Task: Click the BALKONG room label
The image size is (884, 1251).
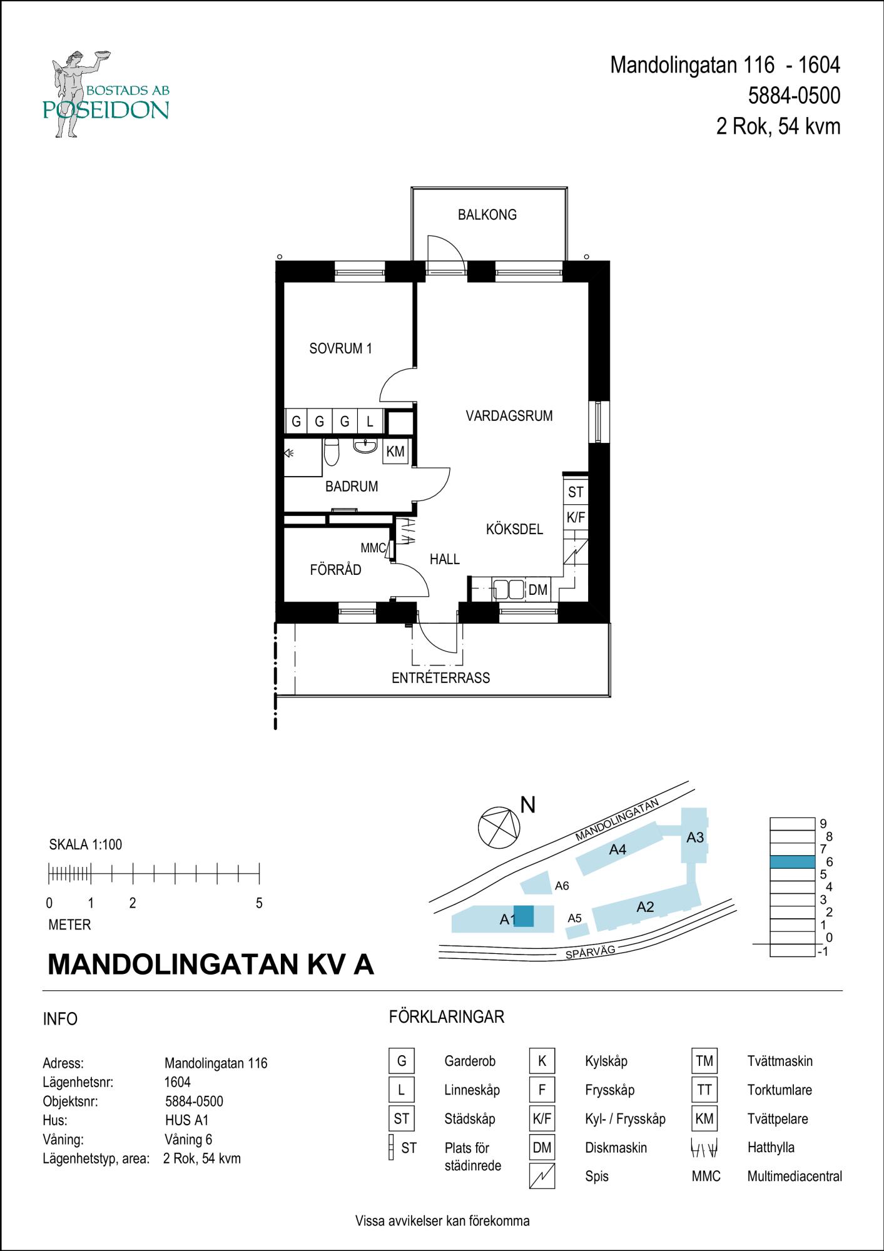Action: [x=487, y=215]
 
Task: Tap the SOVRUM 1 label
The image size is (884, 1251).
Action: [x=340, y=349]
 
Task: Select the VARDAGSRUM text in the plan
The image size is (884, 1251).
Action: [x=509, y=416]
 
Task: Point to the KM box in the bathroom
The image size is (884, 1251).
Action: [x=395, y=452]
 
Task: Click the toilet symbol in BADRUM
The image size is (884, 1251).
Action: [x=332, y=452]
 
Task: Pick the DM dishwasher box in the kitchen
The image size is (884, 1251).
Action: [x=537, y=590]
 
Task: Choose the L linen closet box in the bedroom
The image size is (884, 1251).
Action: [x=370, y=422]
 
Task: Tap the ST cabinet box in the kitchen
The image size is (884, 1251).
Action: [x=576, y=492]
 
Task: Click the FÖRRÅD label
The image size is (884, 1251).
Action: [x=335, y=570]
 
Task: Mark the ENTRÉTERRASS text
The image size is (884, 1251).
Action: [x=440, y=678]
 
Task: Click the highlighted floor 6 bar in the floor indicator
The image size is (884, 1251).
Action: [x=793, y=862]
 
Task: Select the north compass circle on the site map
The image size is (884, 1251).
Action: [x=499, y=828]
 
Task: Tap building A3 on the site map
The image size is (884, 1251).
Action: [x=694, y=837]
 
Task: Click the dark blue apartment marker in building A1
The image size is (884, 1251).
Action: [x=524, y=916]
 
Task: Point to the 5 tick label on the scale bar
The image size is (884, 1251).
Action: [x=259, y=903]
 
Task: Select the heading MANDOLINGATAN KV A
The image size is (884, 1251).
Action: [x=210, y=965]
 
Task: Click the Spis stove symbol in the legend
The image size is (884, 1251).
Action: [x=542, y=1177]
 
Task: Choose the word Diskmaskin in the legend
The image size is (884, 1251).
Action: [x=616, y=1148]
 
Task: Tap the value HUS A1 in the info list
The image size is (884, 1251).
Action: [x=186, y=1120]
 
